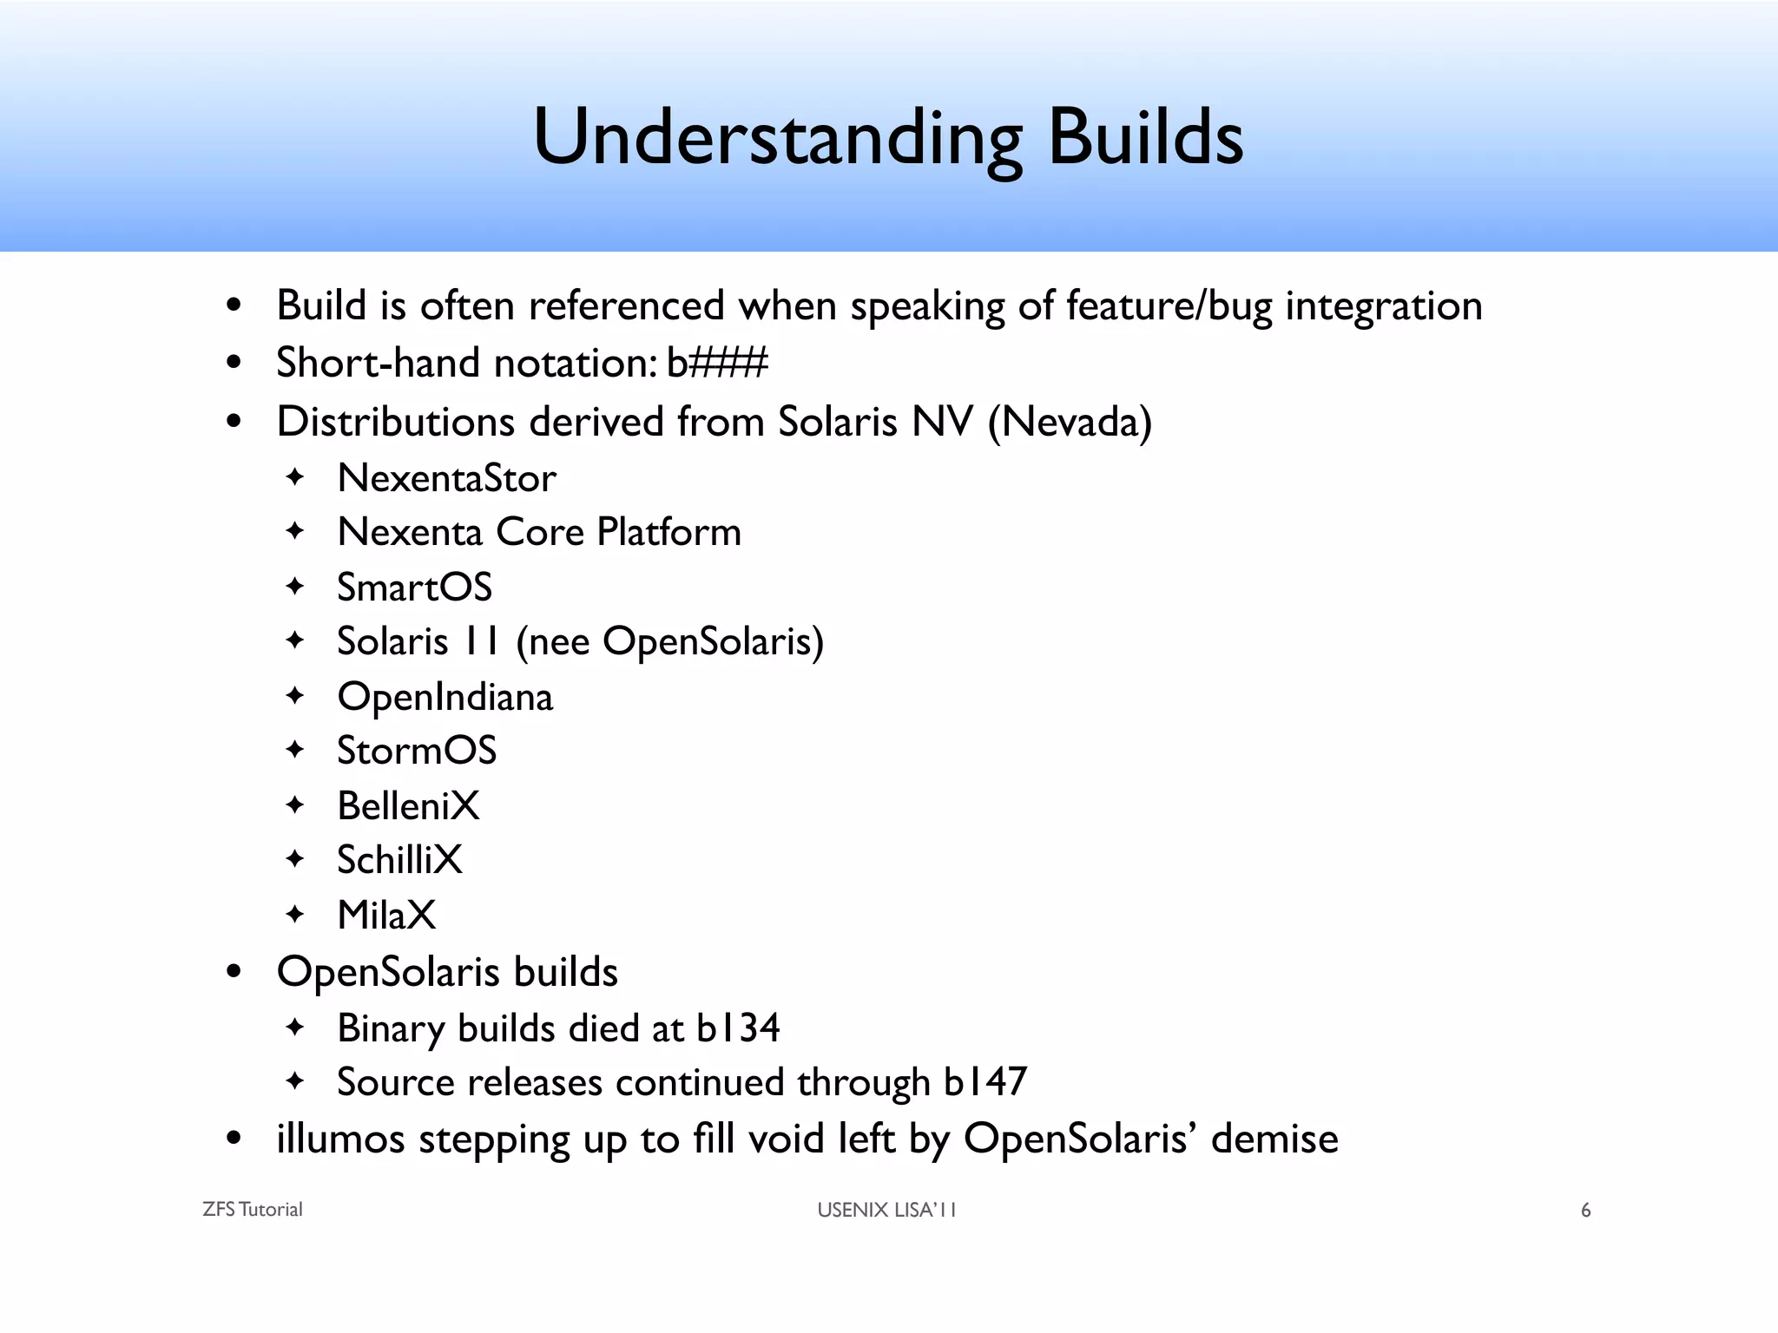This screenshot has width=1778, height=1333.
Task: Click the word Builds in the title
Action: click(x=1145, y=136)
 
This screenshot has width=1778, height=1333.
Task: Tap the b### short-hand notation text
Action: click(x=717, y=363)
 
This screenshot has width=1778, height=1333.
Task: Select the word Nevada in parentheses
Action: click(x=1070, y=423)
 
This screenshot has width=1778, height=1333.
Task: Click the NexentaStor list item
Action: click(x=446, y=478)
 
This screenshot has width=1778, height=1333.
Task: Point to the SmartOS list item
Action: click(x=414, y=588)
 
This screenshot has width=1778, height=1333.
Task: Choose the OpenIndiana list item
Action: click(x=444, y=697)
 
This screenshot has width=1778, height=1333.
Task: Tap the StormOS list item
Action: click(x=417, y=751)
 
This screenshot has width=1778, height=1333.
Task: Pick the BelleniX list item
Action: click(x=408, y=806)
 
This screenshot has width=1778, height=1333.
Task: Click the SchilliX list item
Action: click(x=399, y=860)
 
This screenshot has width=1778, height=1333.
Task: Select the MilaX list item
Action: click(x=386, y=916)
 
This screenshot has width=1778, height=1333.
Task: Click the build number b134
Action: click(x=738, y=1028)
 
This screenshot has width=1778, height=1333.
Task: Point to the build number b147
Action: click(x=984, y=1082)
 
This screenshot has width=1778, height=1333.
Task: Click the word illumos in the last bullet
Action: click(x=340, y=1139)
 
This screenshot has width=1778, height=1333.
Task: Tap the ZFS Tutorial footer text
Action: click(x=252, y=1210)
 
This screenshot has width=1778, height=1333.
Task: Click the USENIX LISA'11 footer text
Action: click(x=886, y=1210)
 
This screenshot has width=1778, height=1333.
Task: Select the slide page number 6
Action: click(x=1585, y=1211)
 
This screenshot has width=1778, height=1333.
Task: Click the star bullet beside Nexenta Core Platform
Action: click(x=295, y=531)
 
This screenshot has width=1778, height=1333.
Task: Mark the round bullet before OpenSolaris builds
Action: click(x=233, y=972)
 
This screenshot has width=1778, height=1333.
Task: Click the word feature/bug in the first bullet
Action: click(x=1168, y=306)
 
